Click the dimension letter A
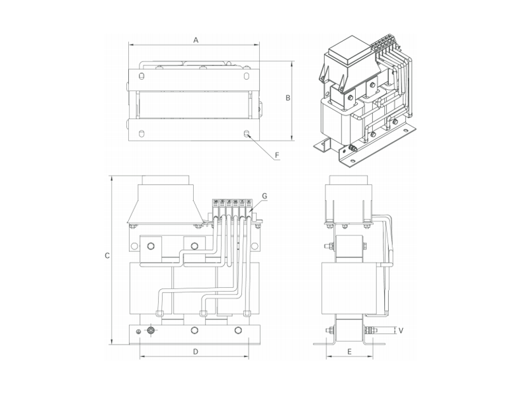pos(196,40)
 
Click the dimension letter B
pos(288,98)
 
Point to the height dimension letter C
pos(106,257)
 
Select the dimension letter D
pos(196,352)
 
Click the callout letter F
pos(277,156)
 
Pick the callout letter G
pos(264,196)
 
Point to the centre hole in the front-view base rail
pos(194,330)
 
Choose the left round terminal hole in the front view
pos(151,247)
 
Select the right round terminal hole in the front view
pos(194,247)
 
